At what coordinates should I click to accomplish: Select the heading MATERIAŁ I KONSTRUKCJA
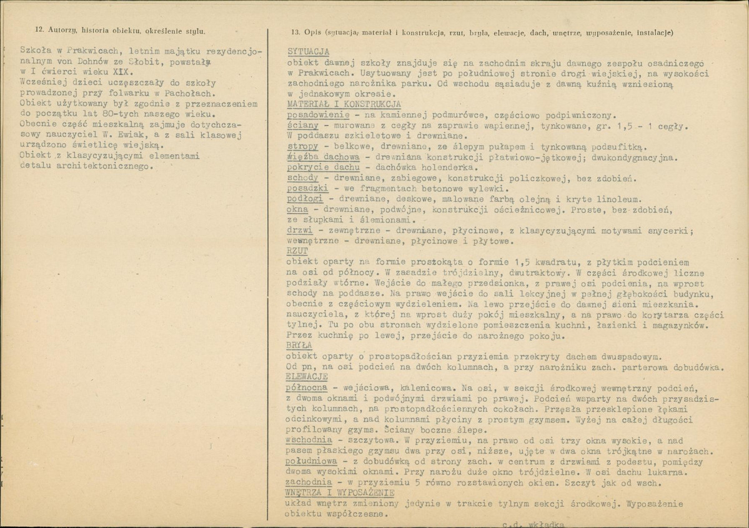point(343,104)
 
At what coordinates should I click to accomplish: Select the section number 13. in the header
point(295,32)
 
